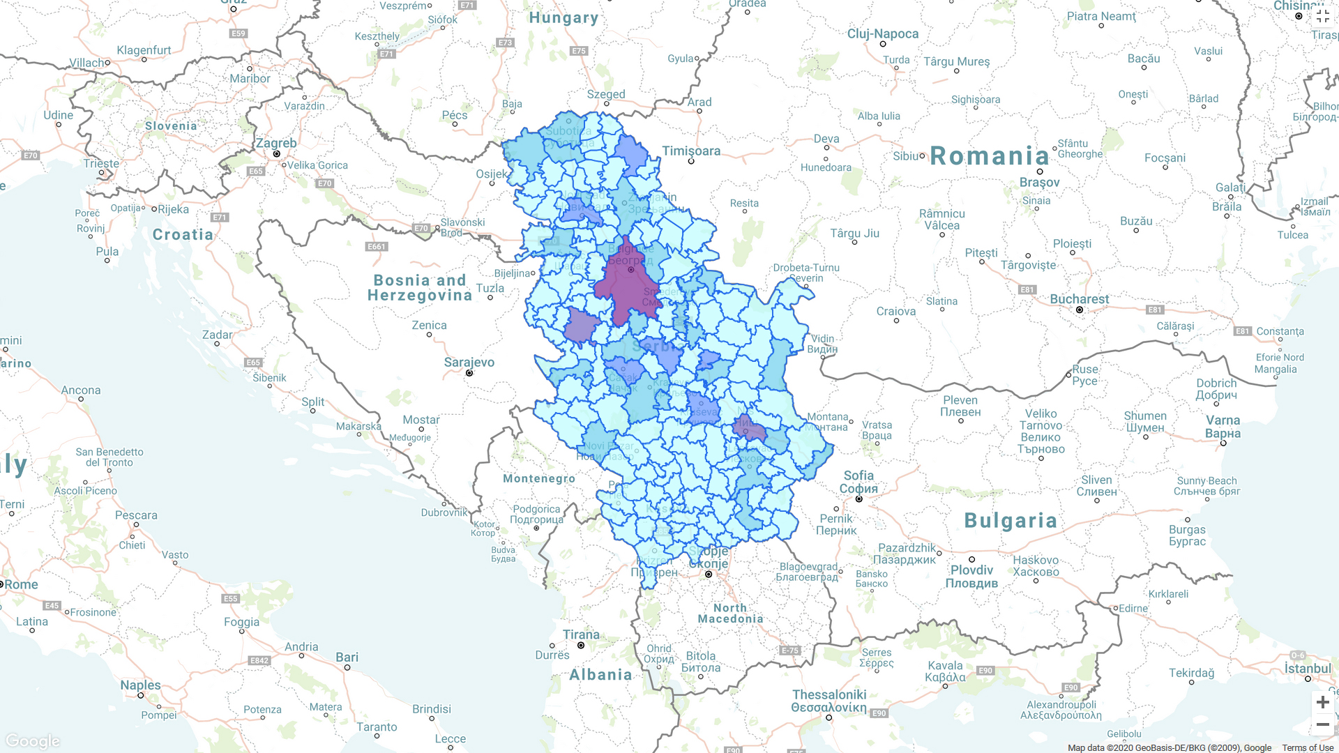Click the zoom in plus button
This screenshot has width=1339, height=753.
click(x=1322, y=702)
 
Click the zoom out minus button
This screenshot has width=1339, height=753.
click(x=1322, y=725)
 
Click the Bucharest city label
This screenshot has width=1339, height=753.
click(x=1079, y=299)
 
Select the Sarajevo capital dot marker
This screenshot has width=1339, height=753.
click(x=469, y=373)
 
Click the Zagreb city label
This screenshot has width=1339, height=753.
click(x=276, y=143)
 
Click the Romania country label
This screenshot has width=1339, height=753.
click(x=989, y=156)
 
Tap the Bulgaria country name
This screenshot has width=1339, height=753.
click(x=1011, y=521)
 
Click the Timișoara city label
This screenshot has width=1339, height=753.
click(x=691, y=151)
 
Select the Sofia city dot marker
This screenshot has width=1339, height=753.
click(x=859, y=499)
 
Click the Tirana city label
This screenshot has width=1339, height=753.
click(x=581, y=634)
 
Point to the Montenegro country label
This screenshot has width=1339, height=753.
click(x=539, y=478)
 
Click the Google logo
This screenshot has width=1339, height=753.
click(x=33, y=740)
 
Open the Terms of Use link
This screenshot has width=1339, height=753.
click(x=1307, y=748)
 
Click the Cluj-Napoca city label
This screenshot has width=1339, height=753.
click(x=882, y=33)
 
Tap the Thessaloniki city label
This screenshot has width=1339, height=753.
click(x=829, y=694)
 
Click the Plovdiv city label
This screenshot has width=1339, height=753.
click(x=971, y=570)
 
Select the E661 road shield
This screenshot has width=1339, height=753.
click(x=376, y=247)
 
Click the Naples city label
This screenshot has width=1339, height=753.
click(x=140, y=685)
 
